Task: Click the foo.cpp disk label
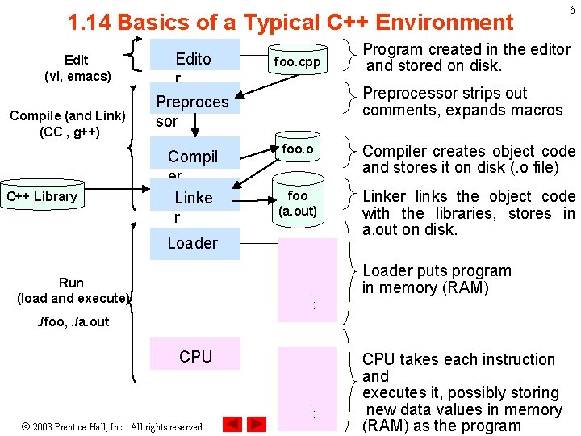click(298, 61)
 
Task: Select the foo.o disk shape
click(298, 150)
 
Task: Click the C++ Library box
click(41, 196)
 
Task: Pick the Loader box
click(194, 243)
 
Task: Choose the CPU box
click(195, 356)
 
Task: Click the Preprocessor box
click(193, 111)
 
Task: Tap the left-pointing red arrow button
click(232, 424)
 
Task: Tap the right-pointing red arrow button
click(257, 424)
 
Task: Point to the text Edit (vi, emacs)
click(77, 68)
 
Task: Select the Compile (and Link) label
click(68, 124)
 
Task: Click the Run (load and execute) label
click(72, 290)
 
